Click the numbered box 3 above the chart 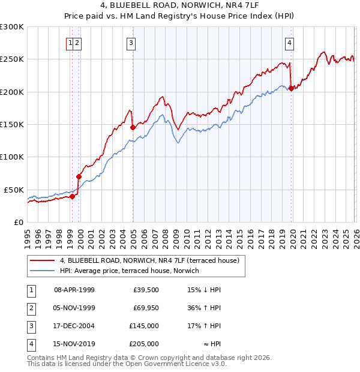pos(130,43)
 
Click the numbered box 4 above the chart pos(289,43)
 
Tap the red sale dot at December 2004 pos(133,127)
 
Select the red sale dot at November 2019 pos(291,88)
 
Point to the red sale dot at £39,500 pos(72,196)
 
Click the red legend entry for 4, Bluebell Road pos(149,260)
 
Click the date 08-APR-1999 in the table pos(74,290)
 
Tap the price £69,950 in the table pos(146,308)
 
